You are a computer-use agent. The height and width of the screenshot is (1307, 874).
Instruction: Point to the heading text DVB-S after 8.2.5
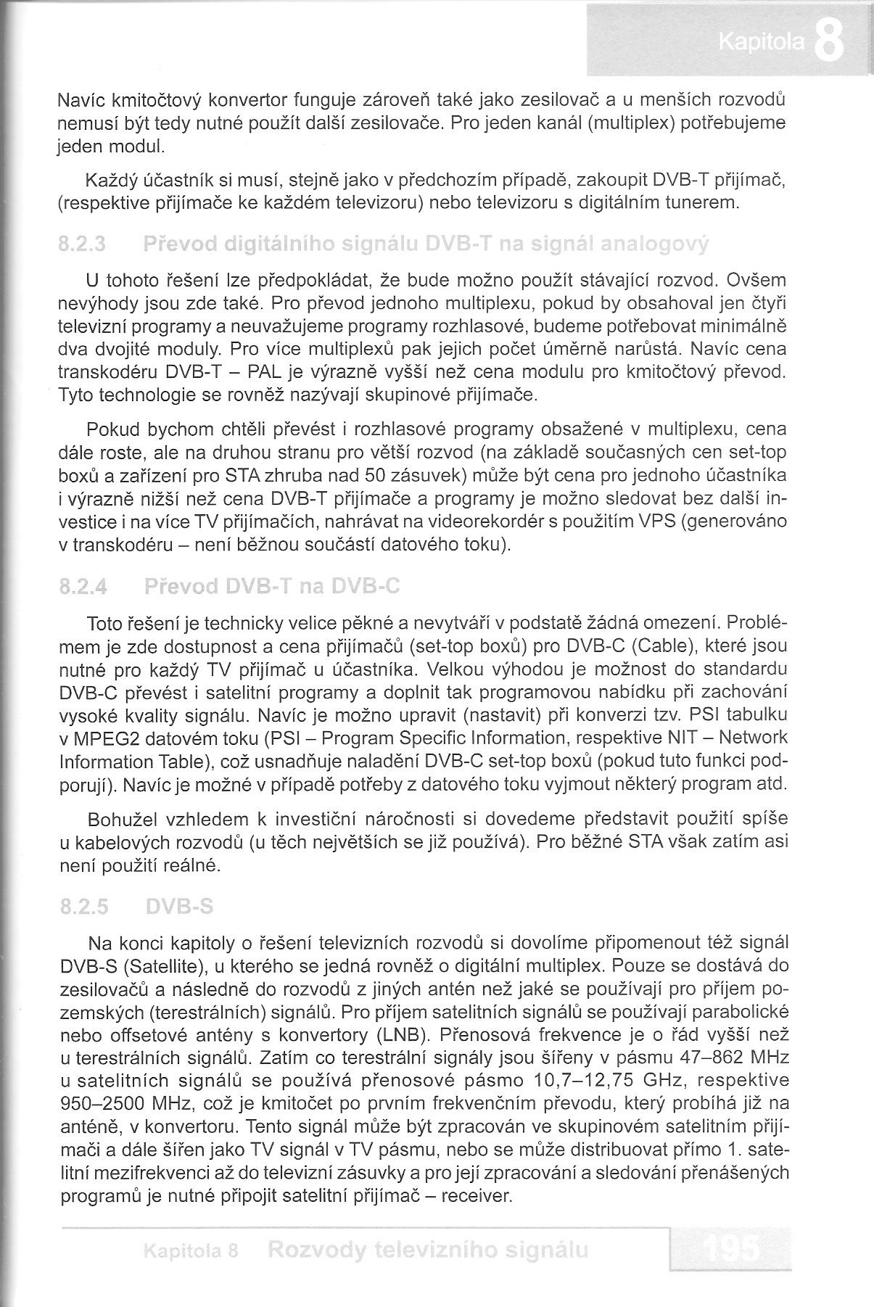coord(179,907)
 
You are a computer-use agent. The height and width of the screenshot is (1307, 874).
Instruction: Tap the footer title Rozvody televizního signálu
coord(427,1250)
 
